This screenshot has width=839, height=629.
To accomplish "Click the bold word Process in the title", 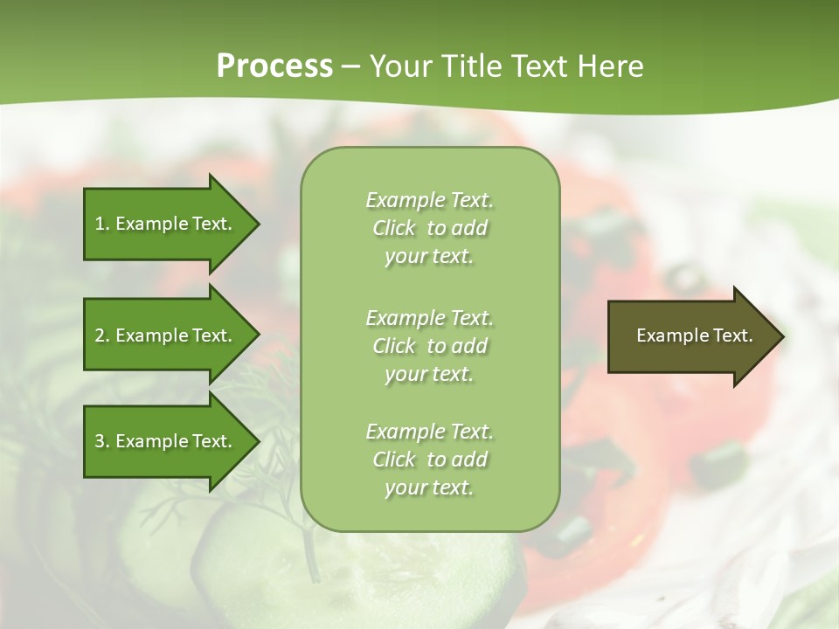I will (x=274, y=66).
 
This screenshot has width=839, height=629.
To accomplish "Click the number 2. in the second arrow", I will (x=102, y=335).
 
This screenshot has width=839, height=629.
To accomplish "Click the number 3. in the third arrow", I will (x=102, y=441).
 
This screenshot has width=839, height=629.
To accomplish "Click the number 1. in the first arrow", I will (x=102, y=224).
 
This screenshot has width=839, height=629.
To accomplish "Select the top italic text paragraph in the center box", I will (x=429, y=228).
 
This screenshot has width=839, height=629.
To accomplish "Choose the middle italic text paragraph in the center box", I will (x=429, y=346).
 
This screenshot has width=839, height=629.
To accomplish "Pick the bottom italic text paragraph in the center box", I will (x=429, y=460).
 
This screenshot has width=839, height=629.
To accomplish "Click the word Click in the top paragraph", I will (x=394, y=228).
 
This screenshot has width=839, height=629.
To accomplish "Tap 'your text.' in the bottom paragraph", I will (x=429, y=487).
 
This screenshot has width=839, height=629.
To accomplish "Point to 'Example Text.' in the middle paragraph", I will (x=429, y=318).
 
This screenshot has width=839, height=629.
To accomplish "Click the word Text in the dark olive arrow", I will (x=732, y=335).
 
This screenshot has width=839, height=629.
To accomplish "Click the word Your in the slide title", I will (x=400, y=66).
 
